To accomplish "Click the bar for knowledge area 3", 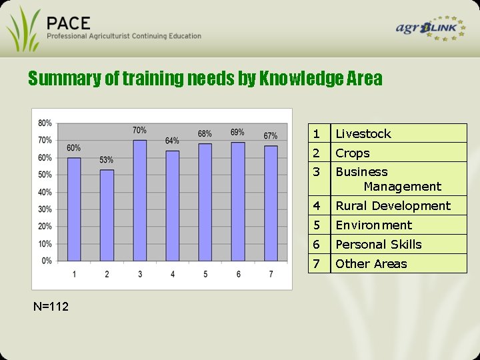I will pyautogui.click(x=139, y=200).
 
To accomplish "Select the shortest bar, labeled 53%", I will pyautogui.click(x=107, y=215).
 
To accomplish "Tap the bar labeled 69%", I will pyautogui.click(x=238, y=201).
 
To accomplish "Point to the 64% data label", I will pyautogui.click(x=172, y=141).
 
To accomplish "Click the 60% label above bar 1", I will pyautogui.click(x=73, y=147).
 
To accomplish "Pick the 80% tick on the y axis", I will pyautogui.click(x=45, y=123).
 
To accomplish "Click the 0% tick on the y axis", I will pyautogui.click(x=47, y=261).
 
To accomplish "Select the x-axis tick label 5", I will pyautogui.click(x=205, y=275).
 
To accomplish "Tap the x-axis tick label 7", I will pyautogui.click(x=271, y=275).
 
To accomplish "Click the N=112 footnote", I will pyautogui.click(x=50, y=306).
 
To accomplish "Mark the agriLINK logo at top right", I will pyautogui.click(x=430, y=29).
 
